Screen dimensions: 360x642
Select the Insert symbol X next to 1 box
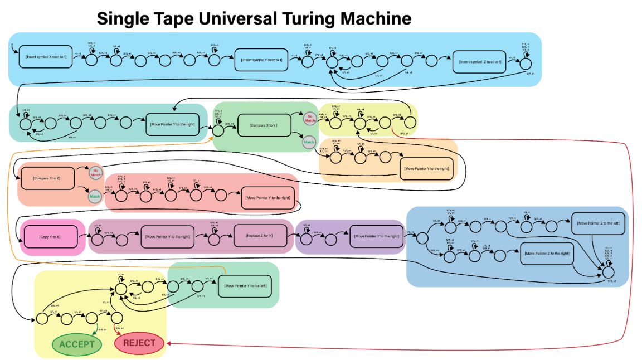46,57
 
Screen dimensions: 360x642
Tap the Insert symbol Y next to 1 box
261,60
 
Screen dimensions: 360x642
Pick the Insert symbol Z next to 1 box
480,61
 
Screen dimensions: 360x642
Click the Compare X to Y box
264,125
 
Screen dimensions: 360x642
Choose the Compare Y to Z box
46,177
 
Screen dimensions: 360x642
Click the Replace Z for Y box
261,236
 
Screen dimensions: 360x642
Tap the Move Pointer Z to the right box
546,254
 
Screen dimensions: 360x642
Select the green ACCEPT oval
77,344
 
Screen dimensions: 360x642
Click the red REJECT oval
139,343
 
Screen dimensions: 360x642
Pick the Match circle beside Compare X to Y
308,143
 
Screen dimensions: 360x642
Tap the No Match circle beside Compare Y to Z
95,173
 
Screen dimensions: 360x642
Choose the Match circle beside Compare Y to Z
95,196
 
